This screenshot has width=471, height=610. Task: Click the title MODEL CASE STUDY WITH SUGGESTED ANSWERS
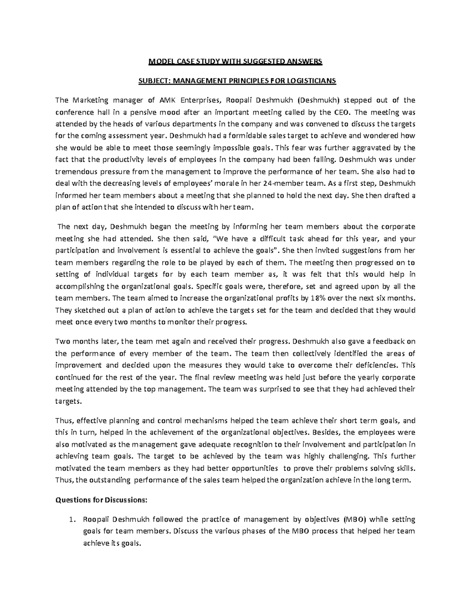click(235, 61)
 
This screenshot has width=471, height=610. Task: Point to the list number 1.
click(71, 520)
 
